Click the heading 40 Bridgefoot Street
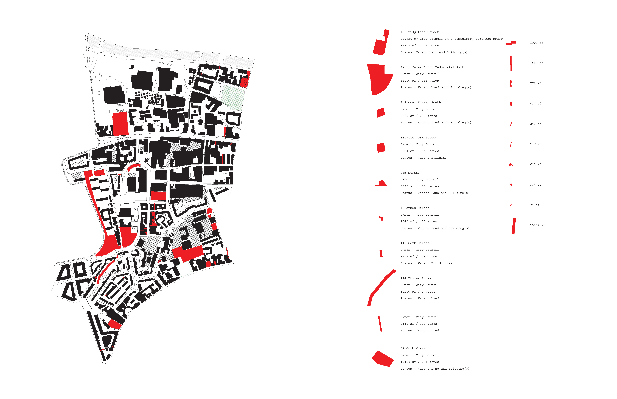pyautogui.click(x=419, y=32)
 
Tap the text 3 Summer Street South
pyautogui.click(x=420, y=103)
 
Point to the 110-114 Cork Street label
pyautogui.click(x=418, y=138)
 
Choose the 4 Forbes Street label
pyautogui.click(x=415, y=208)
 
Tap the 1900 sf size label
pyautogui.click(x=536, y=43)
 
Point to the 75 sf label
pyautogui.click(x=535, y=205)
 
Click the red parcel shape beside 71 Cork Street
pyautogui.click(x=383, y=359)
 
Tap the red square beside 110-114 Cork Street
pyautogui.click(x=381, y=148)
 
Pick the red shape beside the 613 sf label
pyautogui.click(x=511, y=165)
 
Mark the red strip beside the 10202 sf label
pyautogui.click(x=514, y=226)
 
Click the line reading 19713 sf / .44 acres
pyautogui.click(x=419, y=46)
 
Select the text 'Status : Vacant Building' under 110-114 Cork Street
pyautogui.click(x=423, y=158)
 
